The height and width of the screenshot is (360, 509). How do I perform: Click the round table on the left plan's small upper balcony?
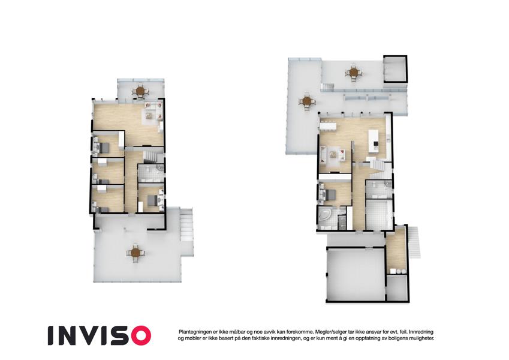140,91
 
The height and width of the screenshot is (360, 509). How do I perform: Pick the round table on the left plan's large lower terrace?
135,252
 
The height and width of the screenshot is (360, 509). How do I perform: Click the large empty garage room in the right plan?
356,275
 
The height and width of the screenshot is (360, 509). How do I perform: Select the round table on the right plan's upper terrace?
354,72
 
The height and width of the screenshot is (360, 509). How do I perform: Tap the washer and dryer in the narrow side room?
398,271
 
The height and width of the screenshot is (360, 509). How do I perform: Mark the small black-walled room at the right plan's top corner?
395,69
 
